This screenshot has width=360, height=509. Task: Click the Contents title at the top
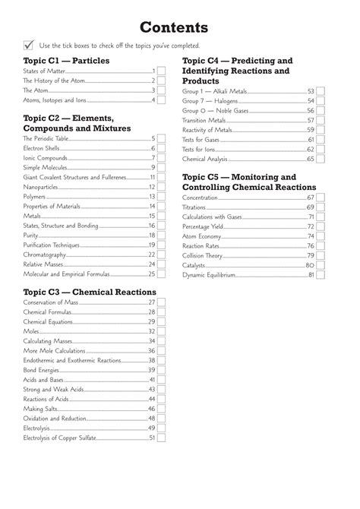(x=180, y=28)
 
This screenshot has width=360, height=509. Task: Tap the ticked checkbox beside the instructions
(x=29, y=46)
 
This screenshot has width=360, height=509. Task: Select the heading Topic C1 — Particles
(x=66, y=60)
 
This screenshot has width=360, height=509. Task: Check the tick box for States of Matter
(x=161, y=71)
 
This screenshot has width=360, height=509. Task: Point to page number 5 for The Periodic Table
(x=153, y=138)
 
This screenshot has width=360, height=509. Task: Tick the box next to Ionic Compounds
(x=161, y=158)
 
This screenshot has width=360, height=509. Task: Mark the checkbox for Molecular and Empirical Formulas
(x=161, y=274)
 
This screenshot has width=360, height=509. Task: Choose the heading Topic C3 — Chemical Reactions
(x=90, y=292)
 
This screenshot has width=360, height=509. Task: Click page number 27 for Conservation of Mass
(x=151, y=302)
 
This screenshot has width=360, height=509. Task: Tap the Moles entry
(x=32, y=331)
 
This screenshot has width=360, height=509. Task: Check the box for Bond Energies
(x=161, y=370)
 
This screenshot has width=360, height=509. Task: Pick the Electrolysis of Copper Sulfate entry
(x=60, y=438)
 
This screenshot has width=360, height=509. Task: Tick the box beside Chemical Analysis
(x=320, y=159)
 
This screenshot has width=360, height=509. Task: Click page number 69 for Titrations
(x=310, y=207)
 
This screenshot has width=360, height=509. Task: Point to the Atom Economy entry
(x=207, y=236)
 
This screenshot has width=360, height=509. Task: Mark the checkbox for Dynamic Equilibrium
(x=320, y=275)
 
